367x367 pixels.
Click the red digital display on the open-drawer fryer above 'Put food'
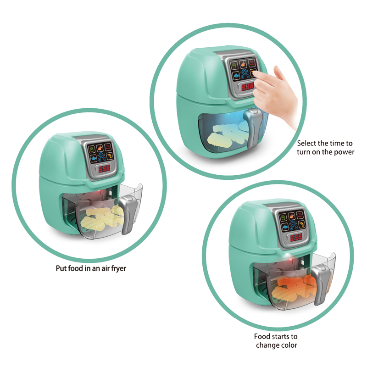coord(104,168)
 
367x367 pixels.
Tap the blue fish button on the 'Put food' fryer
coord(94,159)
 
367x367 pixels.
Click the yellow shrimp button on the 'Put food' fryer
coord(110,156)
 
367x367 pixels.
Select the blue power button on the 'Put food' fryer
coord(101,155)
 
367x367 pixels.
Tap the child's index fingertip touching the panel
coord(255,74)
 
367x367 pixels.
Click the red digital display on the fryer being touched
coord(247,87)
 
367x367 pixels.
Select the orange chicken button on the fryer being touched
coord(243,64)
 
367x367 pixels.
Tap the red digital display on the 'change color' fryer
coord(296,238)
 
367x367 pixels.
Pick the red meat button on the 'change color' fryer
coord(300,215)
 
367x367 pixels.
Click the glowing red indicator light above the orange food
coord(291,259)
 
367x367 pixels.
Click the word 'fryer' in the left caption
coord(118,268)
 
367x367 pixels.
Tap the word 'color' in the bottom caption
coord(289,345)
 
